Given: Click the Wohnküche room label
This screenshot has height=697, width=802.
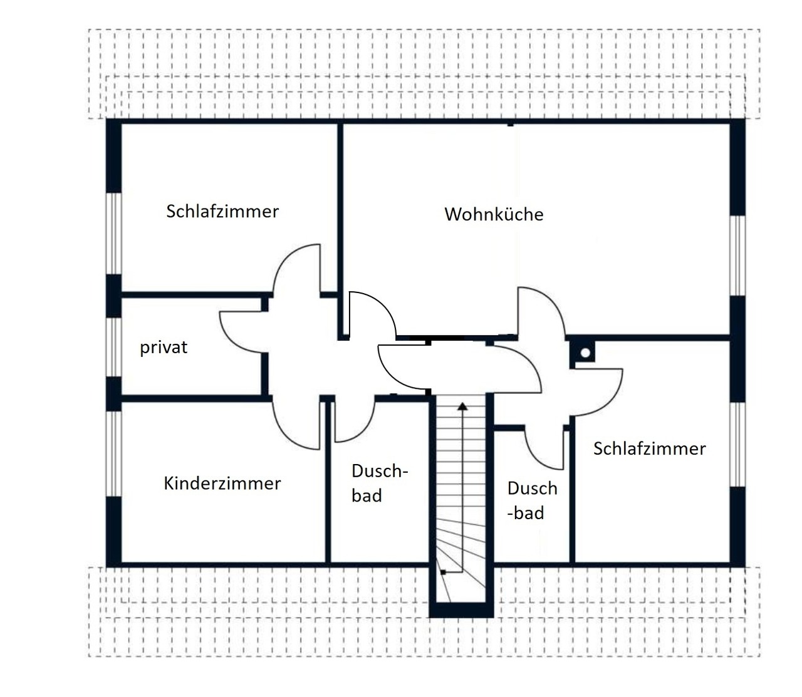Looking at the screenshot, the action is pos(494,214).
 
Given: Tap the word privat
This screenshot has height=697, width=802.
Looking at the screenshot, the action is pos(164,348).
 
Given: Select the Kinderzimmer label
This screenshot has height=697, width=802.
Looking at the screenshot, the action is pos(222,483).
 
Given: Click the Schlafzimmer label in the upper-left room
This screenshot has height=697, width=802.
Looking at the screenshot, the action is pos(222,211).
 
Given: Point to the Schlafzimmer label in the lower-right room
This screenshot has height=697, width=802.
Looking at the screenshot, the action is pos(650,448).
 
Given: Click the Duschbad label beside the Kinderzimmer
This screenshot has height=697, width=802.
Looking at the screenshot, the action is pos(380,483).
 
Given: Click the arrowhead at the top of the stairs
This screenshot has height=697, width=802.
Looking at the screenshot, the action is pos(462,406).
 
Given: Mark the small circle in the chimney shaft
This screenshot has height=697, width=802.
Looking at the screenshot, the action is pos(585,353).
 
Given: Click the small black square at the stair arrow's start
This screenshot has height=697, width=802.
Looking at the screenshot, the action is pos(443,572).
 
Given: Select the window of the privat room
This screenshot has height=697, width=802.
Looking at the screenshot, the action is pos(113,347).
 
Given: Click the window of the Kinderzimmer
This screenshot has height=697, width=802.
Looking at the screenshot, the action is pos(113,453).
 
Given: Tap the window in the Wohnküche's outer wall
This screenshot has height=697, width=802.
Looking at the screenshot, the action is pos(737,256).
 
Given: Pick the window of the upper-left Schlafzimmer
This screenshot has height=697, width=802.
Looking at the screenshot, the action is pos(113,234).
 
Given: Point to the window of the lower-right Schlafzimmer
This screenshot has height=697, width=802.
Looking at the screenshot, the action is pos(737,444).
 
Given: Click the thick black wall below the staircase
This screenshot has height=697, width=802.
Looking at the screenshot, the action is pos(461,610).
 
